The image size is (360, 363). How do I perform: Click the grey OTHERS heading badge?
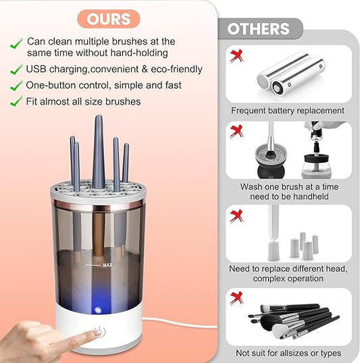pos(259,29)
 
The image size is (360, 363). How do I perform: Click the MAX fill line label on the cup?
pos(107,265)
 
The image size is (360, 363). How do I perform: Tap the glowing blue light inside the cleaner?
pos(97,309)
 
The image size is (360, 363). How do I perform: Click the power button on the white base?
pos(99,332)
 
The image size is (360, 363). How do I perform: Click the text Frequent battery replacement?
pos(288,111)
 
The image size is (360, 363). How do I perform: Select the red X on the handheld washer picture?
pos(236,131)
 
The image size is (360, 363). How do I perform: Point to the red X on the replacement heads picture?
pos(236,216)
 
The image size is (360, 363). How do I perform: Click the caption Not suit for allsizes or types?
pos(288,353)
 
